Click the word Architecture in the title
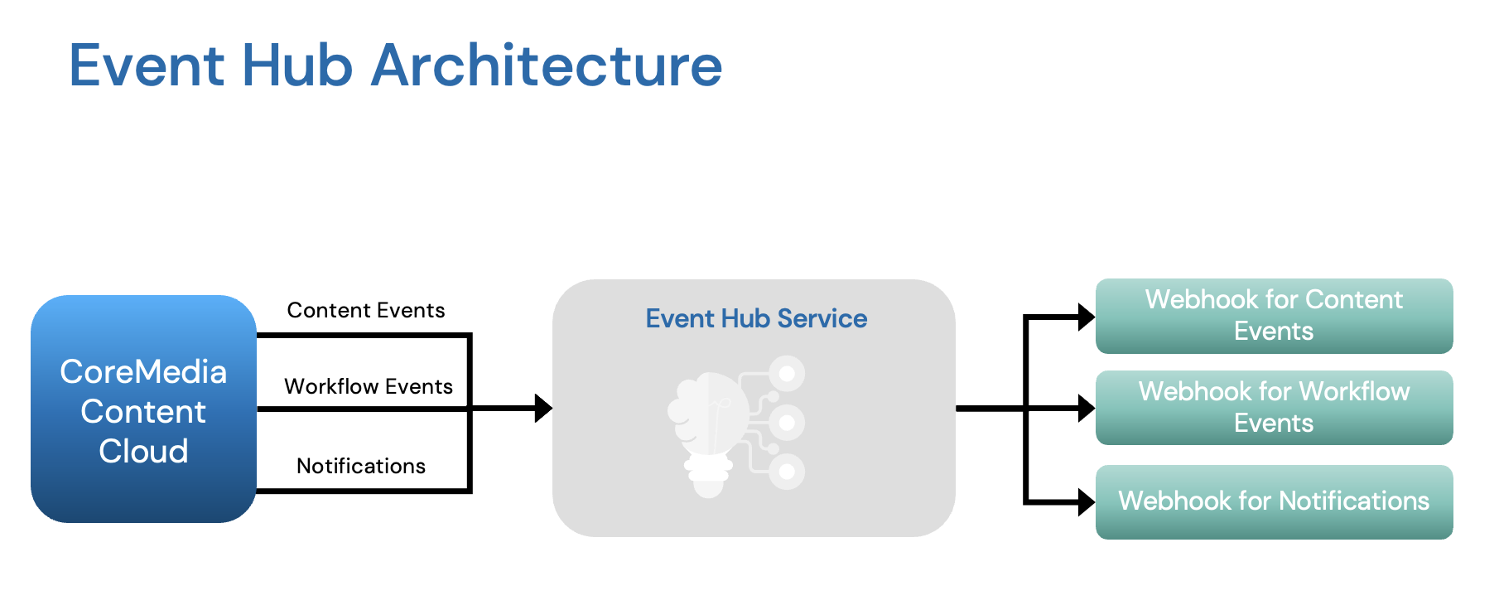(x=547, y=66)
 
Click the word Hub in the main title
(x=297, y=66)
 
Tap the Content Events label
(x=366, y=310)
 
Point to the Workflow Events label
(x=369, y=386)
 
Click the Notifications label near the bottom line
(x=361, y=466)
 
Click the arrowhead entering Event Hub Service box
(x=543, y=408)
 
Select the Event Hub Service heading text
(x=756, y=318)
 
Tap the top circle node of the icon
(x=787, y=374)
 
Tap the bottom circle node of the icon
(x=787, y=472)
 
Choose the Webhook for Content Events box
(x=1274, y=316)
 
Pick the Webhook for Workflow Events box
(x=1274, y=408)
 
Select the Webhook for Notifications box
(x=1274, y=501)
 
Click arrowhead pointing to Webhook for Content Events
(x=1086, y=317)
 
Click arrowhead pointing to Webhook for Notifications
(x=1086, y=501)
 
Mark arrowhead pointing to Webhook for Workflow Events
(x=1086, y=408)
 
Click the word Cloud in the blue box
(x=143, y=452)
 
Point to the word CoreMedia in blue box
(x=143, y=372)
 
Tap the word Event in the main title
(x=147, y=66)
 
